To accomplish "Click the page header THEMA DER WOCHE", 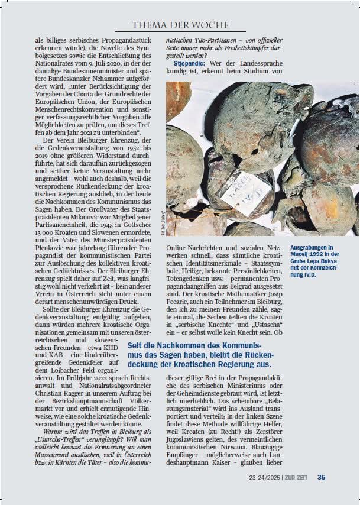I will point(180,25).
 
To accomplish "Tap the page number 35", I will point(321,477).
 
